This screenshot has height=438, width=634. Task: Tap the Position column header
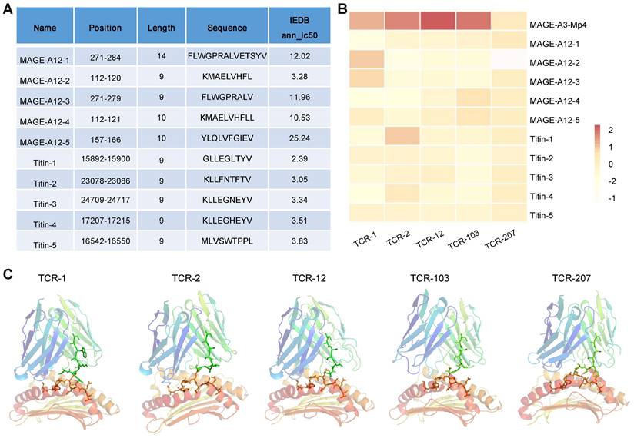click(105, 28)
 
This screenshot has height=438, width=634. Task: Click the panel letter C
click(6, 273)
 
